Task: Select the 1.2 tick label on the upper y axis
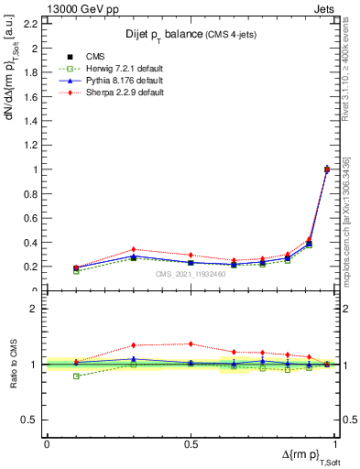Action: pyautogui.click(x=32, y=145)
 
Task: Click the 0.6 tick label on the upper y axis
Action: pyautogui.click(x=32, y=218)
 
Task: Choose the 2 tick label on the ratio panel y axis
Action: pyautogui.click(x=35, y=310)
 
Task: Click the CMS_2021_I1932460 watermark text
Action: pyautogui.click(x=191, y=273)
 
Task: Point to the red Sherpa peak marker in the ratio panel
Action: pyautogui.click(x=191, y=344)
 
